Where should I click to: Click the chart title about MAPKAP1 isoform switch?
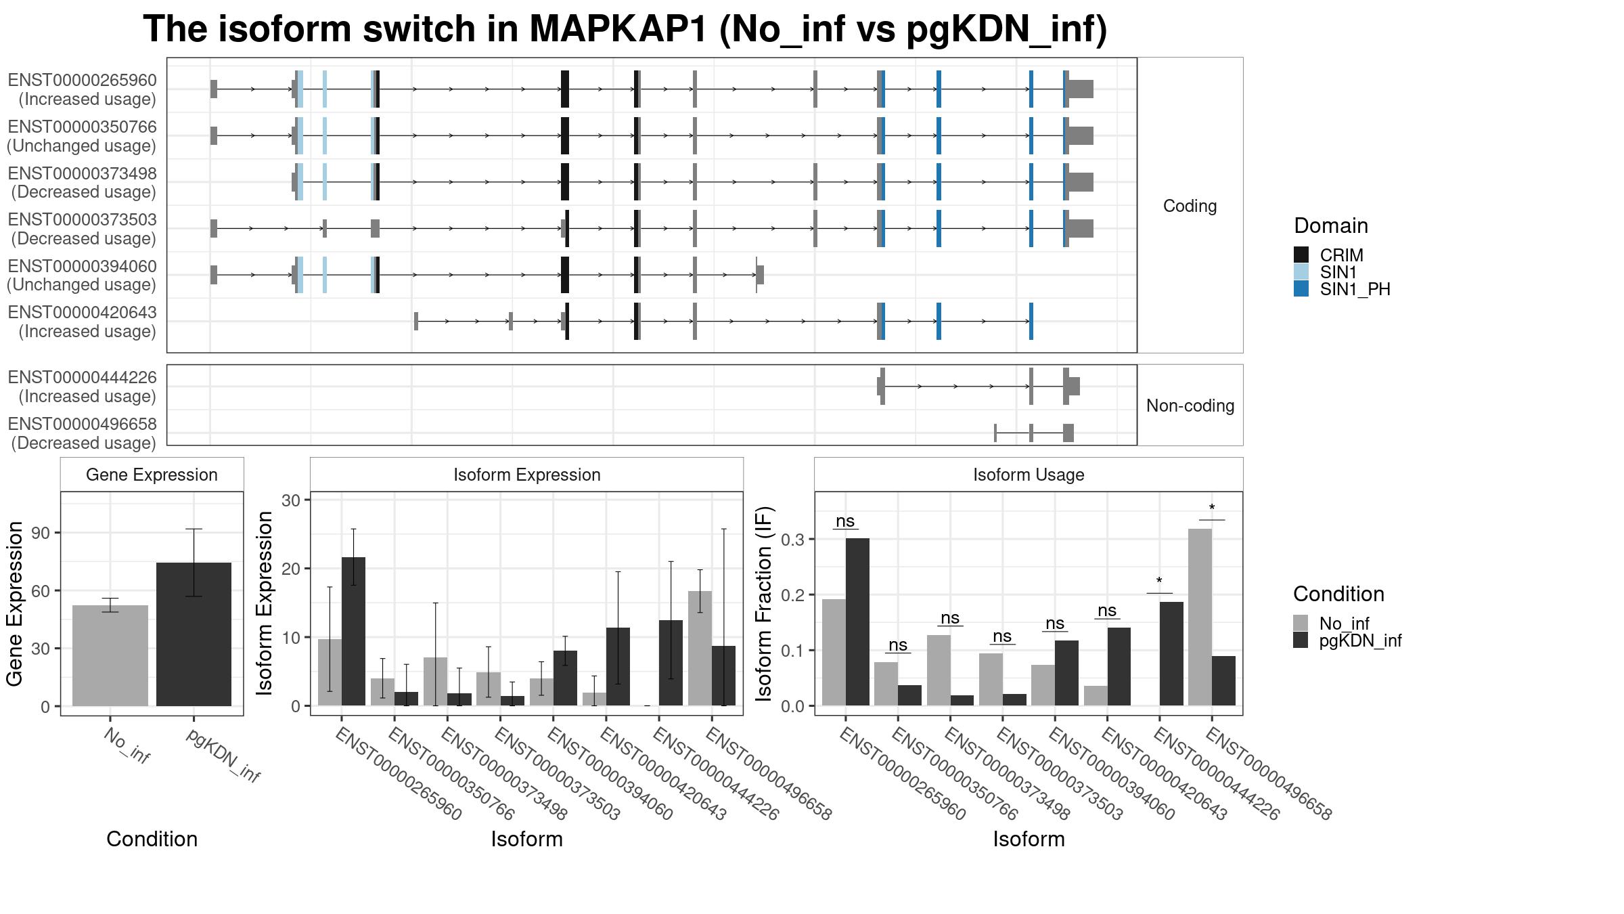pos(625,30)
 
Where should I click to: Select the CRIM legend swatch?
pos(1301,255)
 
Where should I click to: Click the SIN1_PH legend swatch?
pos(1301,289)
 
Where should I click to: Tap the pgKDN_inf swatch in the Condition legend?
pos(1301,640)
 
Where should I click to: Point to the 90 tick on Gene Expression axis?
pos(41,533)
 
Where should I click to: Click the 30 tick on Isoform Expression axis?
pos(291,500)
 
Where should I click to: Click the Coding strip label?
pos(1190,206)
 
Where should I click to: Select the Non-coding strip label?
pos(1190,406)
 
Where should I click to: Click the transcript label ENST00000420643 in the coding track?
pos(82,313)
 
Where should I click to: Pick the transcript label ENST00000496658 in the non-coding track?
pos(82,425)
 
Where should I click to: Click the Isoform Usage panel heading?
pos(1029,475)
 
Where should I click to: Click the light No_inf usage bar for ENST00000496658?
pos(1200,617)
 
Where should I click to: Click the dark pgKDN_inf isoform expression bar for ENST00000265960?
pos(353,631)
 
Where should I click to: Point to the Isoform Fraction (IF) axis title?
pos(764,603)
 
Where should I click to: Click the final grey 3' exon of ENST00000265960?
pos(1081,89)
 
